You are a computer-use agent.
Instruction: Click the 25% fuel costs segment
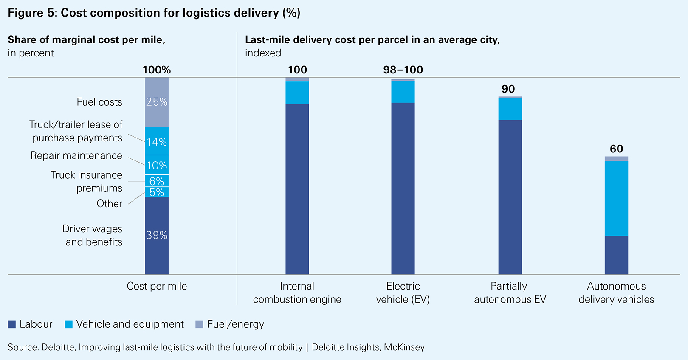(157, 102)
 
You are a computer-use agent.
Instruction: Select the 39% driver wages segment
(157, 235)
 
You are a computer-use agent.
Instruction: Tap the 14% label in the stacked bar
(157, 142)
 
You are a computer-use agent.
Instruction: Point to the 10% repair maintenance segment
(157, 165)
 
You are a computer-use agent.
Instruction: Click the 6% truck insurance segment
(157, 181)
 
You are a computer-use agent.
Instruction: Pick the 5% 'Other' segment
(157, 192)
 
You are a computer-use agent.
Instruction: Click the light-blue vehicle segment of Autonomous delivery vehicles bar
(616, 198)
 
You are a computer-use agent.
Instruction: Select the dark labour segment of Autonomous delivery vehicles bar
(616, 255)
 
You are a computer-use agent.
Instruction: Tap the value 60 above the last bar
(616, 149)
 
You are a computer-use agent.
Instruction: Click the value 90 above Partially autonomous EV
(508, 89)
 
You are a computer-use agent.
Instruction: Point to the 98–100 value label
(403, 70)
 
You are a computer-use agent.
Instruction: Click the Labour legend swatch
(12, 324)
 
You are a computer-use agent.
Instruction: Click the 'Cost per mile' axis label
(157, 286)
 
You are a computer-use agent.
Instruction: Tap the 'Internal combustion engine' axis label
(297, 292)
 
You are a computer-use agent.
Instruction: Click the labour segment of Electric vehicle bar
(403, 188)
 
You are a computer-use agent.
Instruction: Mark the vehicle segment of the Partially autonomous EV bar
(510, 109)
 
